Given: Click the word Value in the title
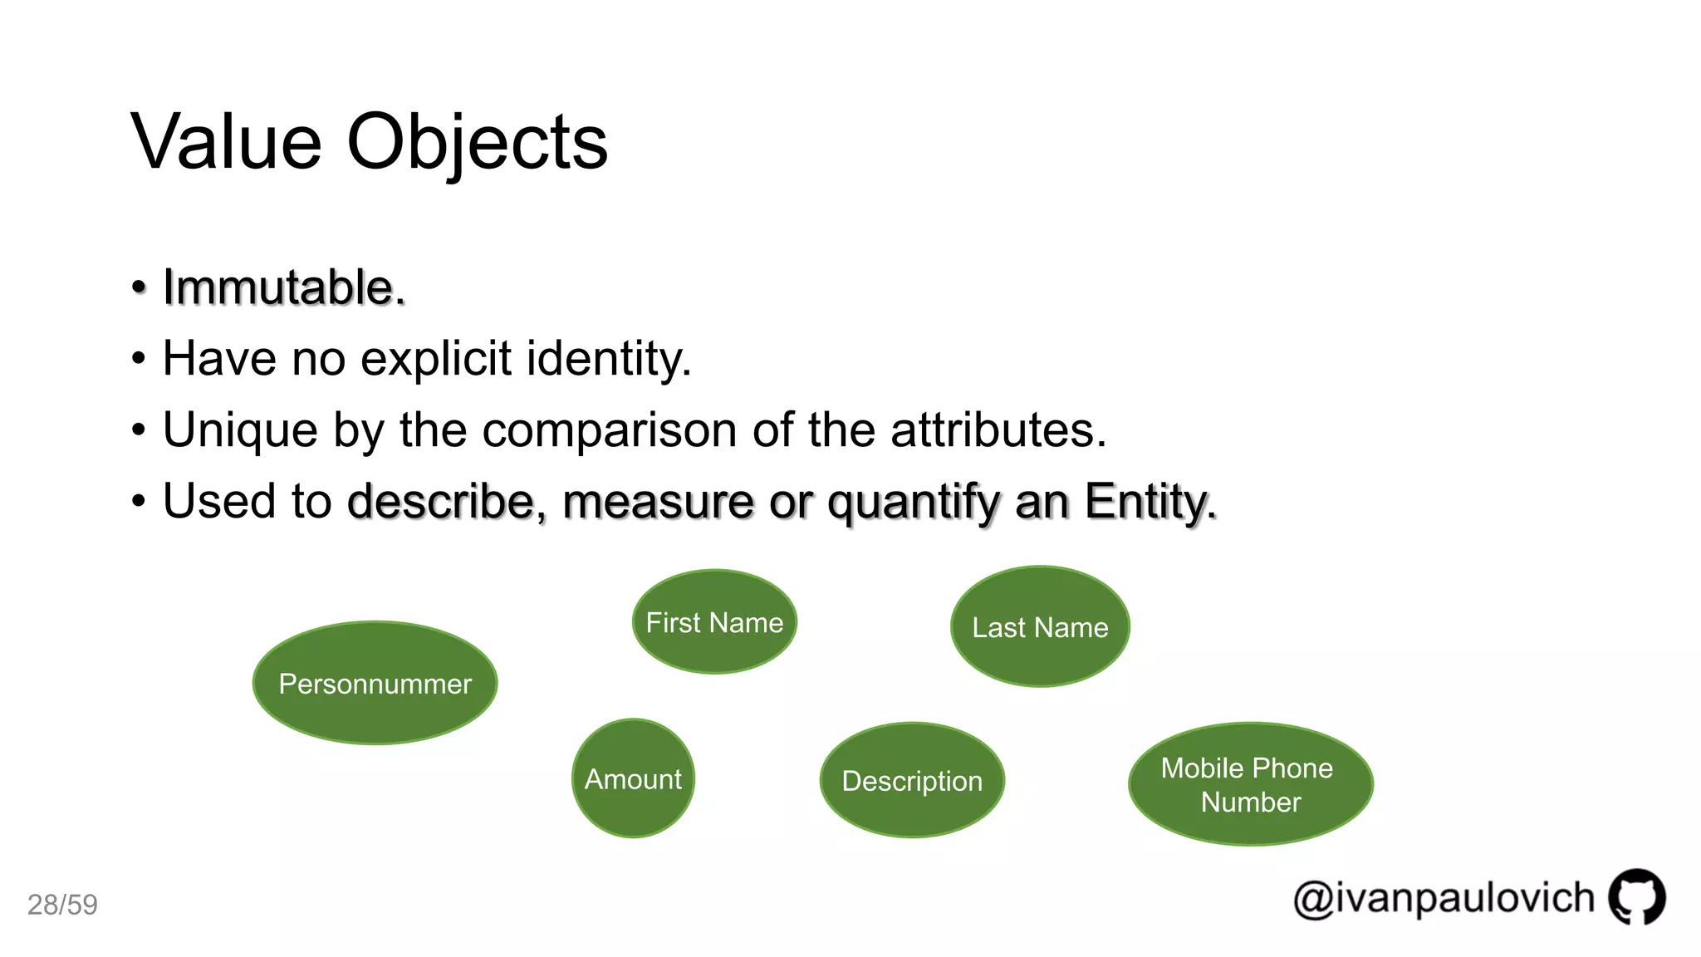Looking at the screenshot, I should [226, 142].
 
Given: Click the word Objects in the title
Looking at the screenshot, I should [477, 142].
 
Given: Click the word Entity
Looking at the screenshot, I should [1150, 502].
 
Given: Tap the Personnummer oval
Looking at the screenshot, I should [375, 683].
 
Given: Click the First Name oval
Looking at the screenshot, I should [714, 622].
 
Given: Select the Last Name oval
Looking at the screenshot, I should [1040, 627].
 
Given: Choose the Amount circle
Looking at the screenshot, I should [633, 779].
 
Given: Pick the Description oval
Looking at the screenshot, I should [912, 781].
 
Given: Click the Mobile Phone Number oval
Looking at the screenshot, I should [1250, 784].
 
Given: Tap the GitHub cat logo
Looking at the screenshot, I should [1636, 897].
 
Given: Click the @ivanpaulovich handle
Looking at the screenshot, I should [1444, 899].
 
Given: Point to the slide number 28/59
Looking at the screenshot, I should [62, 905].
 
